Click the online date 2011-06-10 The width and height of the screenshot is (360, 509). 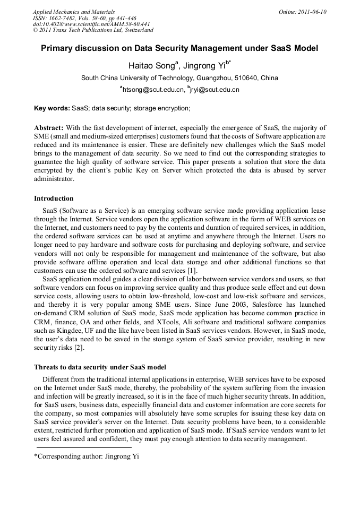[311, 12]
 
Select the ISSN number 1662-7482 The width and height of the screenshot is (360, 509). [59, 18]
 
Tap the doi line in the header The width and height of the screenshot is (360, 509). [91, 24]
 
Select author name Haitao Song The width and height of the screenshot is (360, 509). [151, 66]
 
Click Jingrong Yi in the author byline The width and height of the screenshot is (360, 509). [203, 66]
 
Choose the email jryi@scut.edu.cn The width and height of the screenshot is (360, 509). [215, 90]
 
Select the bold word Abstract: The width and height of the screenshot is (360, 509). [49, 128]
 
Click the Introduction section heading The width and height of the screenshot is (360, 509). [54, 199]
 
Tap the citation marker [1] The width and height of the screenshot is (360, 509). [192, 271]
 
